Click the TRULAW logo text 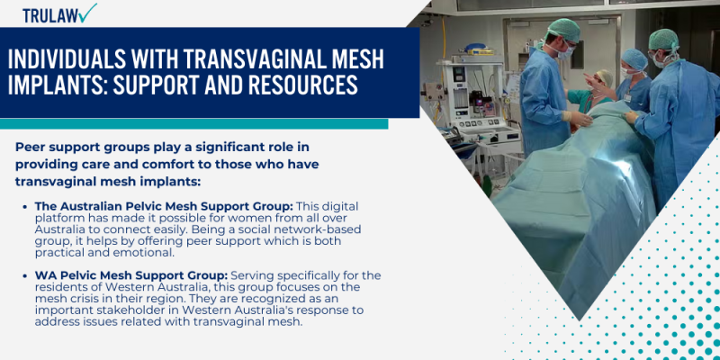(x=49, y=15)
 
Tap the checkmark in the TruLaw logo (x=87, y=13)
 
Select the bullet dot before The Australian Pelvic (x=25, y=207)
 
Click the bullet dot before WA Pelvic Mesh (x=25, y=275)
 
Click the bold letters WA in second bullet (x=45, y=274)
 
